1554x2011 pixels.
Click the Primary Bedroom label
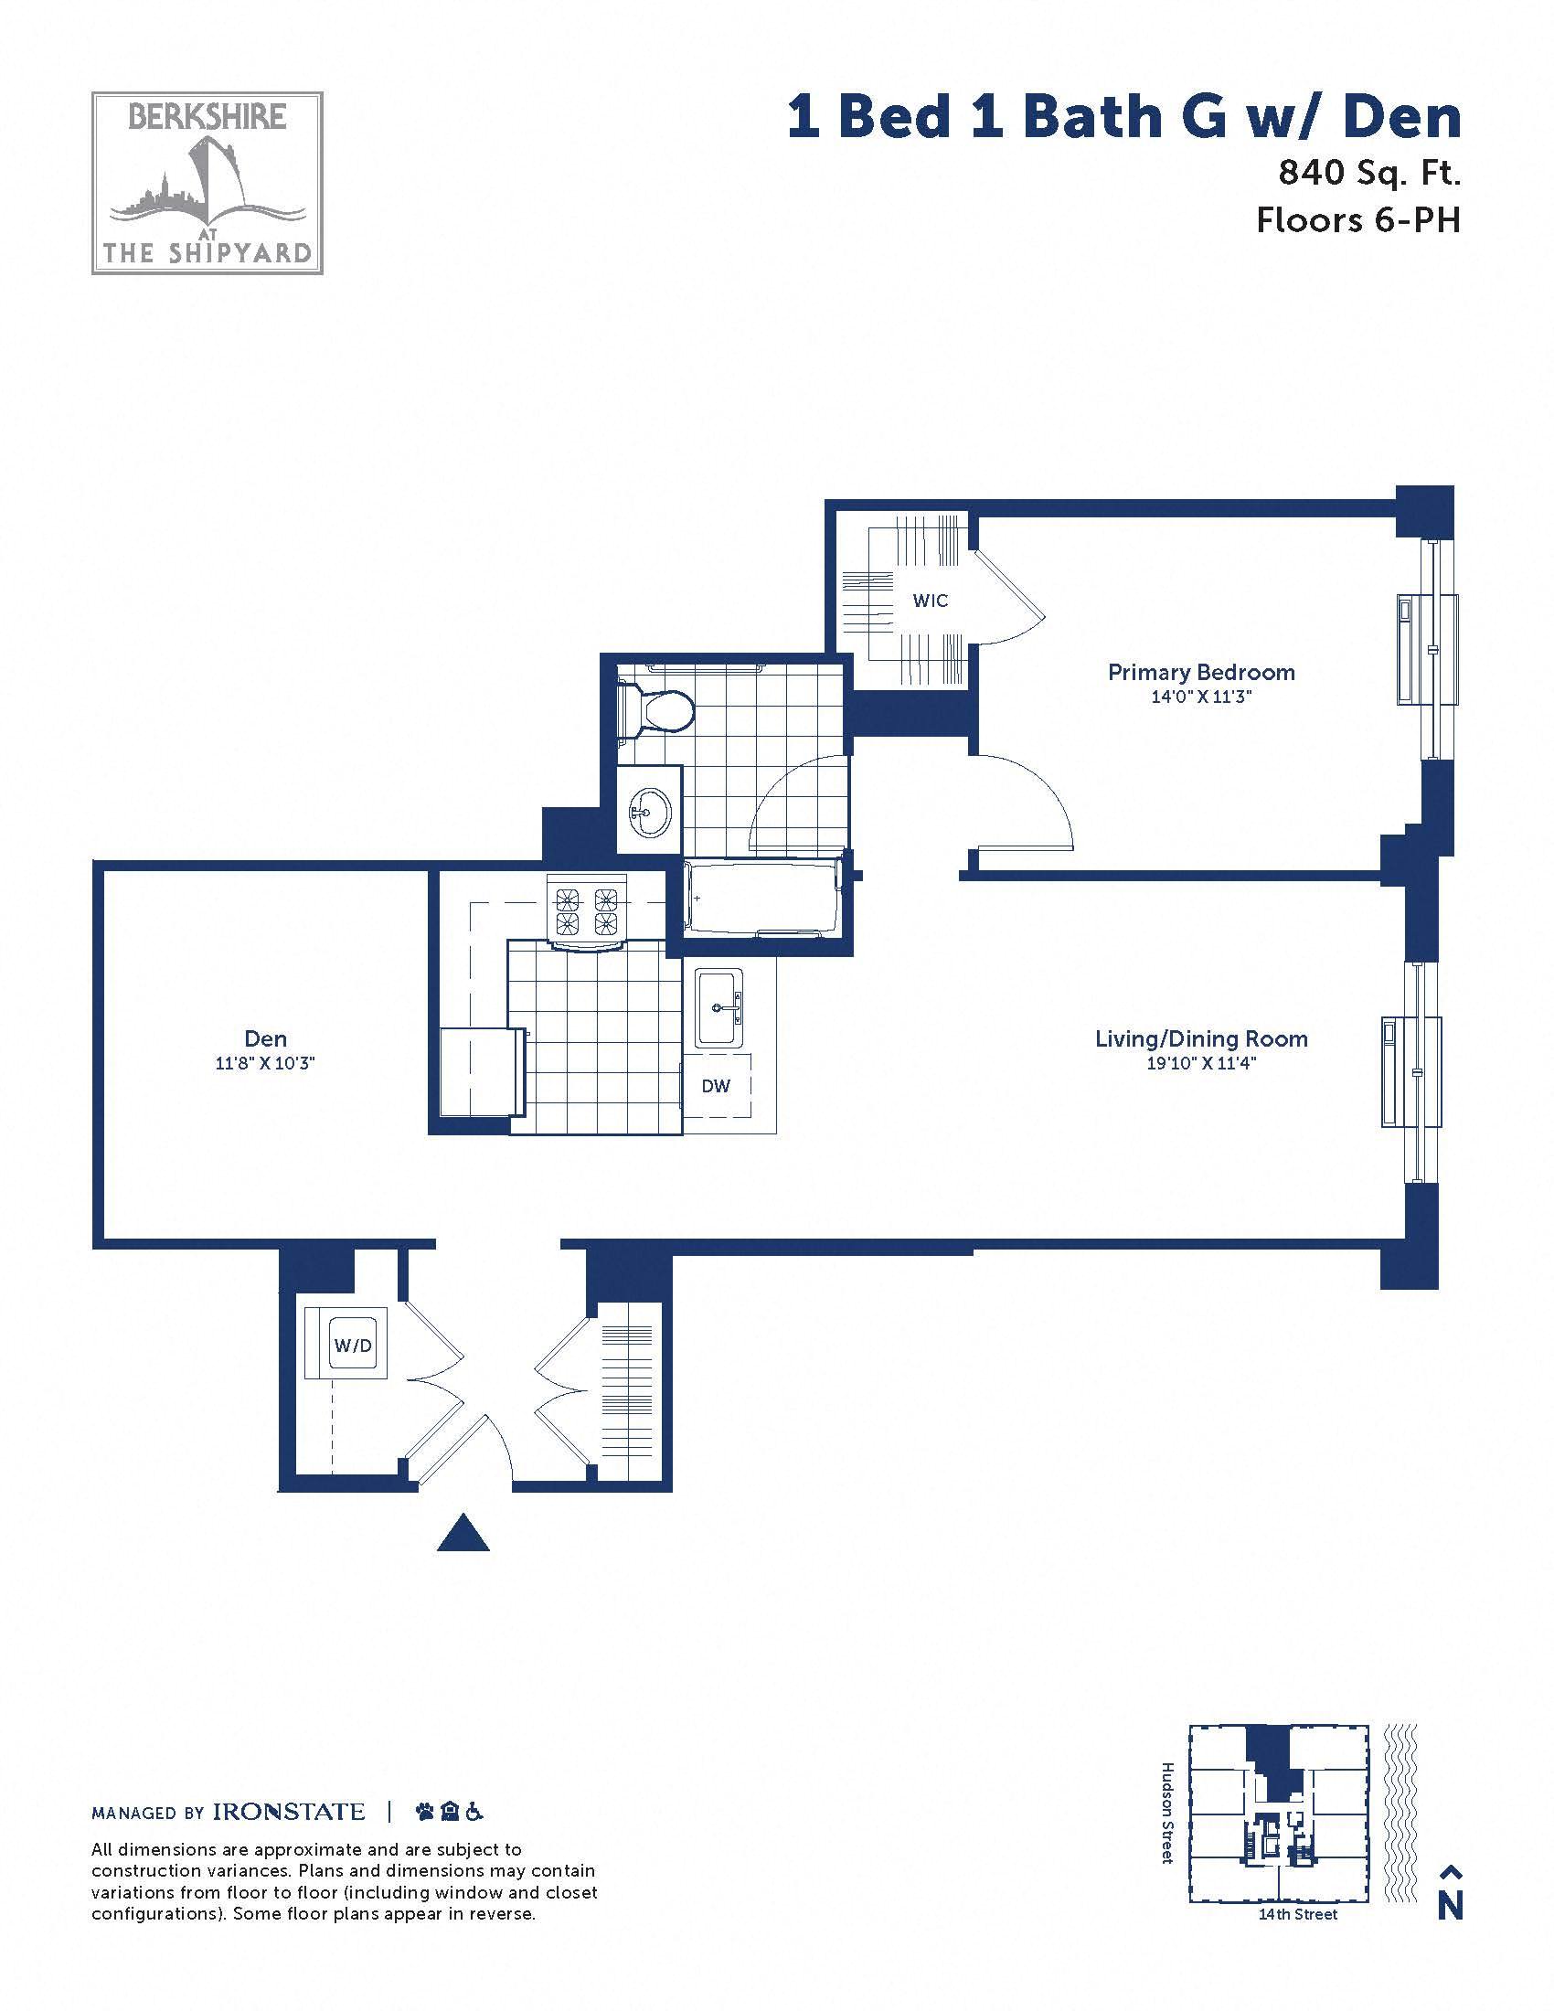(x=1200, y=672)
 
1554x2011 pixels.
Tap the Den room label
(x=266, y=1038)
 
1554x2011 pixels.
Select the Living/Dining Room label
(x=1201, y=1039)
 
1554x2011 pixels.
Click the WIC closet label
(x=930, y=601)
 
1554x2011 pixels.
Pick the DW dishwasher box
(x=717, y=1087)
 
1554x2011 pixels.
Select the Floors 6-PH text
(x=1358, y=220)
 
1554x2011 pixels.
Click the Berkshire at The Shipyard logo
(x=208, y=182)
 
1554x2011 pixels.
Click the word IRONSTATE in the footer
(x=289, y=1812)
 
